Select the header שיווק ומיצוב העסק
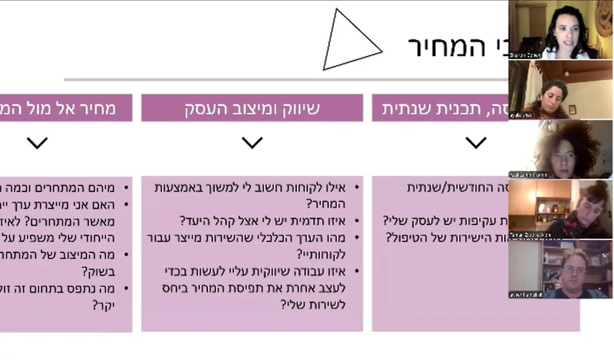(x=252, y=108)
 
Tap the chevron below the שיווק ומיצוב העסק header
(x=252, y=143)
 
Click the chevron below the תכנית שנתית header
(x=476, y=143)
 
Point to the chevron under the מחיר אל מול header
(x=37, y=143)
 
